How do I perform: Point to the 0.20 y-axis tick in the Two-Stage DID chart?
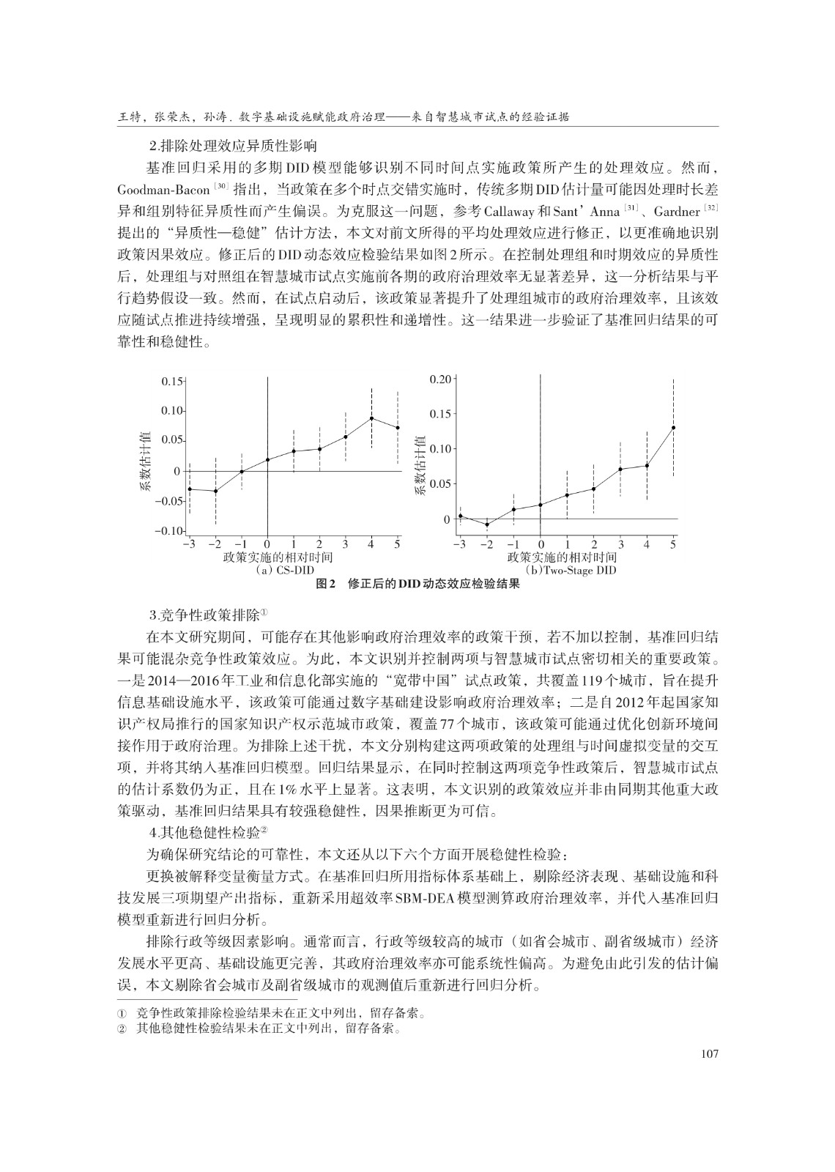441,379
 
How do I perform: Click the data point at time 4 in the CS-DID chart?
372,418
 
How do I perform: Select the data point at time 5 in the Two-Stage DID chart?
673,427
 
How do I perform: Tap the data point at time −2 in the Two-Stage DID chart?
487,524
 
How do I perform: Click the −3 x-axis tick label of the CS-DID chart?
189,544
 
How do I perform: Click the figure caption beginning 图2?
417,584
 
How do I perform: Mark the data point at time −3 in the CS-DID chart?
189,489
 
